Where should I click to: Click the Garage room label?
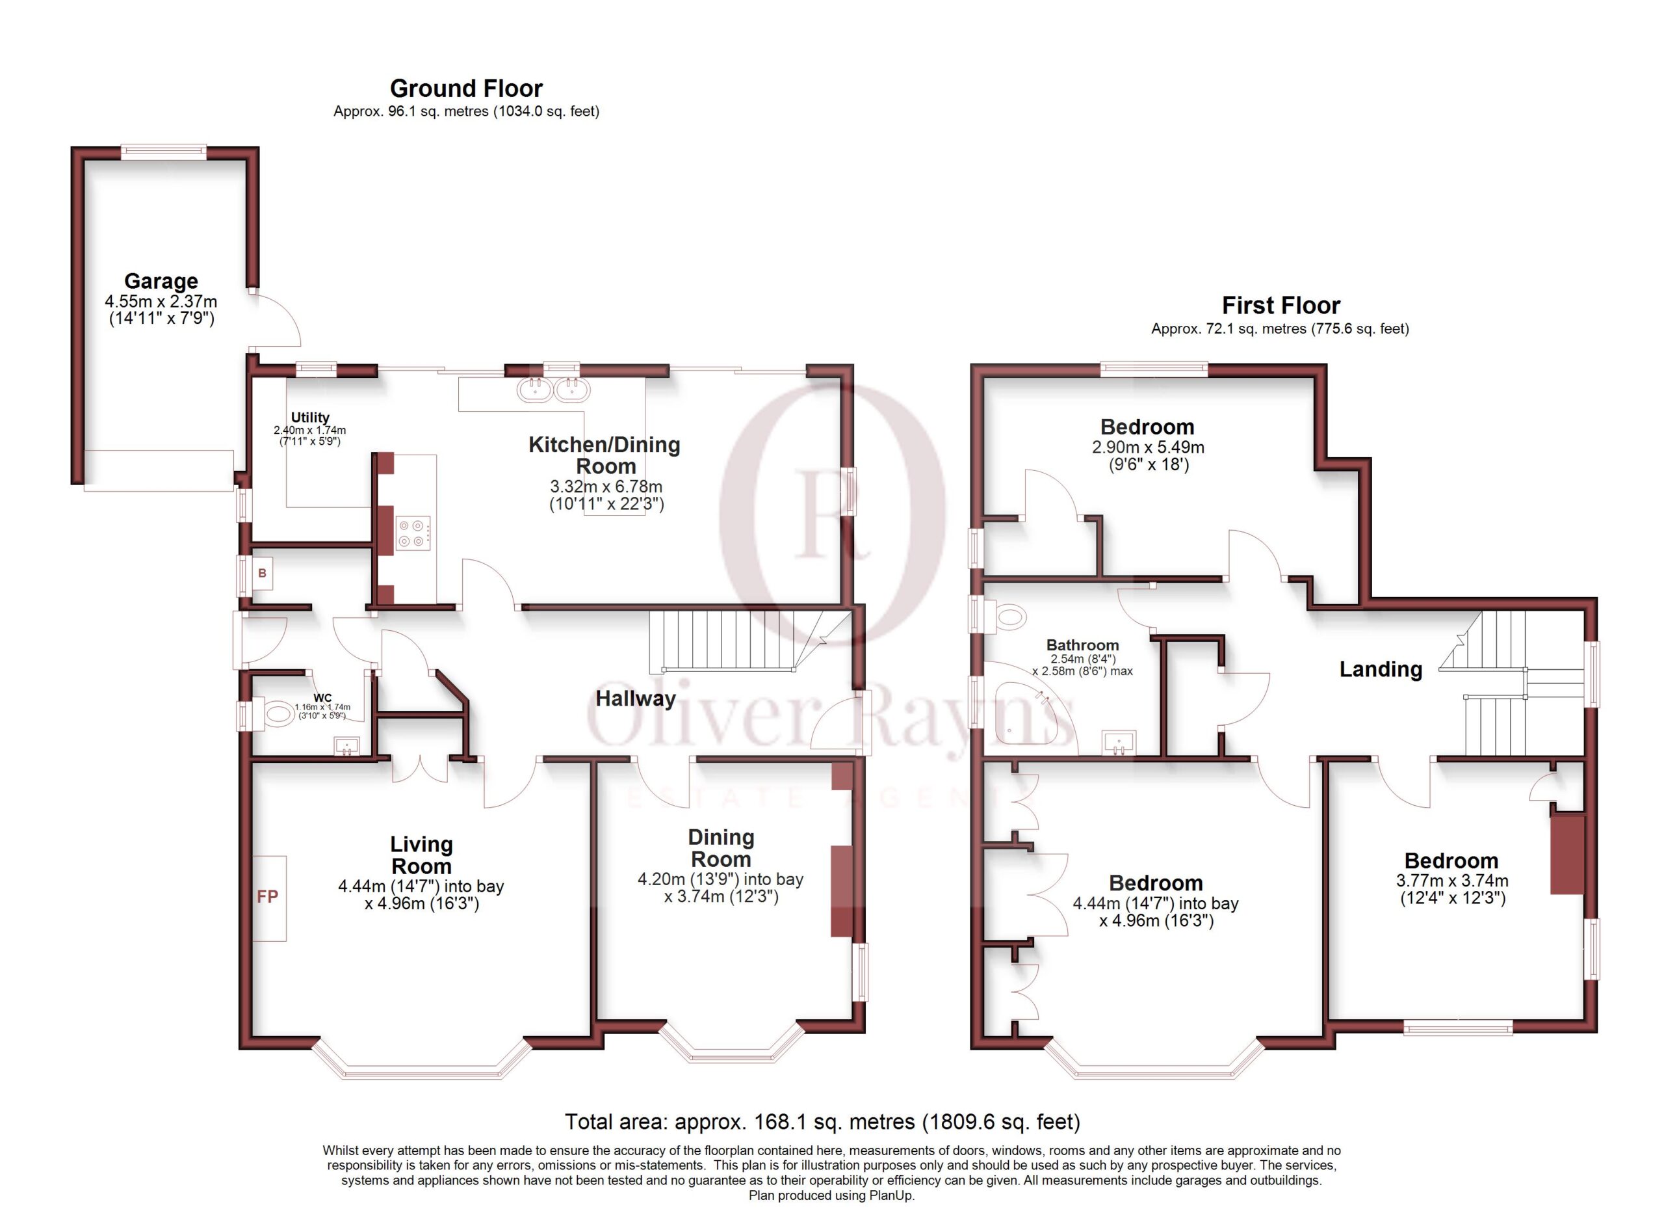point(161,281)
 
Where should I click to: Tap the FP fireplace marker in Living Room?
point(268,896)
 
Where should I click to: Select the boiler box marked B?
point(262,572)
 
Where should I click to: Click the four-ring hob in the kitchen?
point(411,533)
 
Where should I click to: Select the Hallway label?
point(635,698)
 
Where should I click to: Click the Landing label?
point(1381,669)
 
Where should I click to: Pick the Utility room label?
point(310,417)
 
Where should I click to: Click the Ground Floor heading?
point(466,88)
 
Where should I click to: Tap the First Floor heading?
point(1280,304)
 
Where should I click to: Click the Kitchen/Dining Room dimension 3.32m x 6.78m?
point(606,486)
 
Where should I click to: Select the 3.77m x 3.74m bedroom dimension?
point(1452,880)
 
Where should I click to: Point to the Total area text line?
point(822,1121)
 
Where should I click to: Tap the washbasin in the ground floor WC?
point(346,747)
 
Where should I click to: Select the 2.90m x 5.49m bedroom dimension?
point(1148,447)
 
